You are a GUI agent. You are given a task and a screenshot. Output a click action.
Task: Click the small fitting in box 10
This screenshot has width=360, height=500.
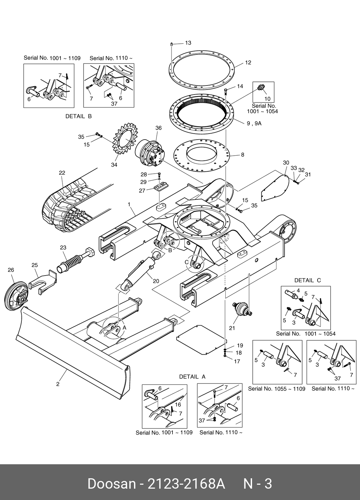(260, 88)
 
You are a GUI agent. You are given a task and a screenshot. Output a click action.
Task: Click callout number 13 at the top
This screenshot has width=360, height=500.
(188, 43)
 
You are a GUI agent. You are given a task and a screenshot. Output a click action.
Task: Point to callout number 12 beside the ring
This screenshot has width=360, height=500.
(248, 62)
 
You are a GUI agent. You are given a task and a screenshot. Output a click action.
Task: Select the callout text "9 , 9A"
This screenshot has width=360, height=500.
(254, 123)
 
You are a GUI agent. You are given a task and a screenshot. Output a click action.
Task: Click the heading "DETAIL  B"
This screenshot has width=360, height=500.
(79, 117)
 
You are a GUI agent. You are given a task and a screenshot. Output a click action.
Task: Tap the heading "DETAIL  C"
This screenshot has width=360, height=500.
(307, 281)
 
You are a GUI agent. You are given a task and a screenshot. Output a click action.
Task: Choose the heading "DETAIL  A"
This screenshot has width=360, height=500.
(192, 377)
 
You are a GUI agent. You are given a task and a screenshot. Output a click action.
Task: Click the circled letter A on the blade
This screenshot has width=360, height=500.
(124, 328)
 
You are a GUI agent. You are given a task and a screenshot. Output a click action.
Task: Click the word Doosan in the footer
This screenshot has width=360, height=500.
(111, 483)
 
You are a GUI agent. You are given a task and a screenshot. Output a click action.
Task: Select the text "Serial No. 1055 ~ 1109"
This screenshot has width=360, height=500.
(276, 389)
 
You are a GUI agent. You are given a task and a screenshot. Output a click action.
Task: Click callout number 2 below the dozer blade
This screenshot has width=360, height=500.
(58, 384)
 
